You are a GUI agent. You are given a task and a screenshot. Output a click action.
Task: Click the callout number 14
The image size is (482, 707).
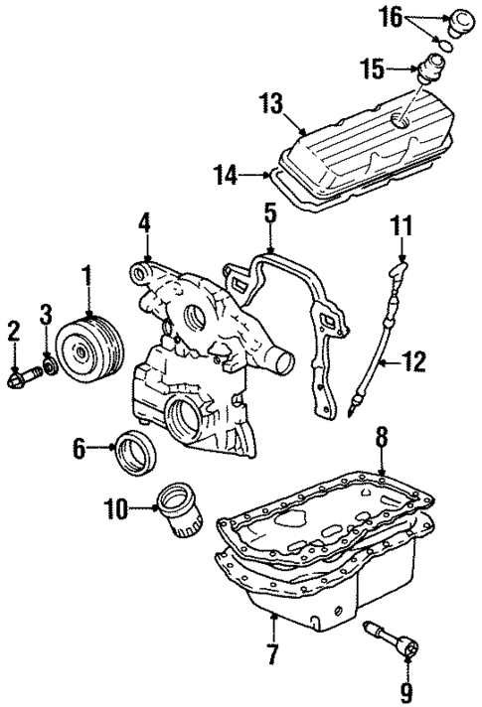pos(226,176)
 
